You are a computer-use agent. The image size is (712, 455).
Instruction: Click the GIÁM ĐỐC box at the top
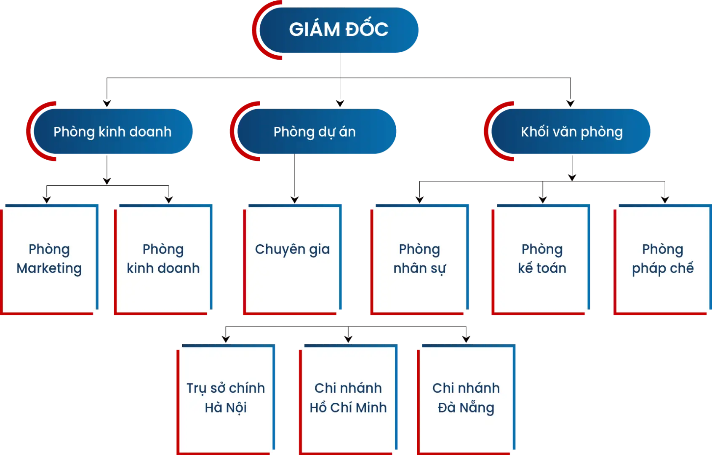[339, 29]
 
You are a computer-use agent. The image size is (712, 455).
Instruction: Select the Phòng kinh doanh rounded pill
[112, 131]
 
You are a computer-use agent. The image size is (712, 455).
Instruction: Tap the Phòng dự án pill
[315, 131]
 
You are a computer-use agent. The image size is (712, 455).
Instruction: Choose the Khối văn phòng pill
[571, 131]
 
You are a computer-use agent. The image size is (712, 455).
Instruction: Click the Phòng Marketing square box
[49, 259]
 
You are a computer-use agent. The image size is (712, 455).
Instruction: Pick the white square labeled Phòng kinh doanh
[163, 259]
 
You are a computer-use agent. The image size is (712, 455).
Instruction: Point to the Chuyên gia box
[293, 259]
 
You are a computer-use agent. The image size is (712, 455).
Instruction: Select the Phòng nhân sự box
[419, 259]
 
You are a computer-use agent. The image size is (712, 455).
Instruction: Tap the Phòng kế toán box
[542, 259]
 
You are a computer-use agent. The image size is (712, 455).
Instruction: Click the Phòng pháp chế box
[663, 259]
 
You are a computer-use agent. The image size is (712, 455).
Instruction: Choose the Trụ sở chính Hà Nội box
[226, 398]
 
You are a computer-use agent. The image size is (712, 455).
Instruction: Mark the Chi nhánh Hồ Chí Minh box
[348, 398]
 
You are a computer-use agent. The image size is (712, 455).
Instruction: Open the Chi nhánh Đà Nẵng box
[466, 398]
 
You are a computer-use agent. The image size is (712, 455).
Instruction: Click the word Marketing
[49, 269]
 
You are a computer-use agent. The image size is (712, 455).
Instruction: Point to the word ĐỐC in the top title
[367, 29]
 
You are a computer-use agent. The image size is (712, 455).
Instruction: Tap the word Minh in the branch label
[371, 408]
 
